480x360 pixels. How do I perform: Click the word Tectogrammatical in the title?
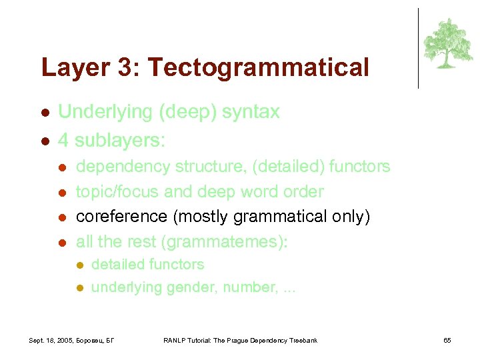pos(258,67)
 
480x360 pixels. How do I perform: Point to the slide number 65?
pos(447,341)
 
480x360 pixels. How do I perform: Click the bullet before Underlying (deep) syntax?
pos(44,113)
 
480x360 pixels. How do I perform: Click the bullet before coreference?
pos(62,217)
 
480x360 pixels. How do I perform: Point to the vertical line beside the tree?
pos(418,48)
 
